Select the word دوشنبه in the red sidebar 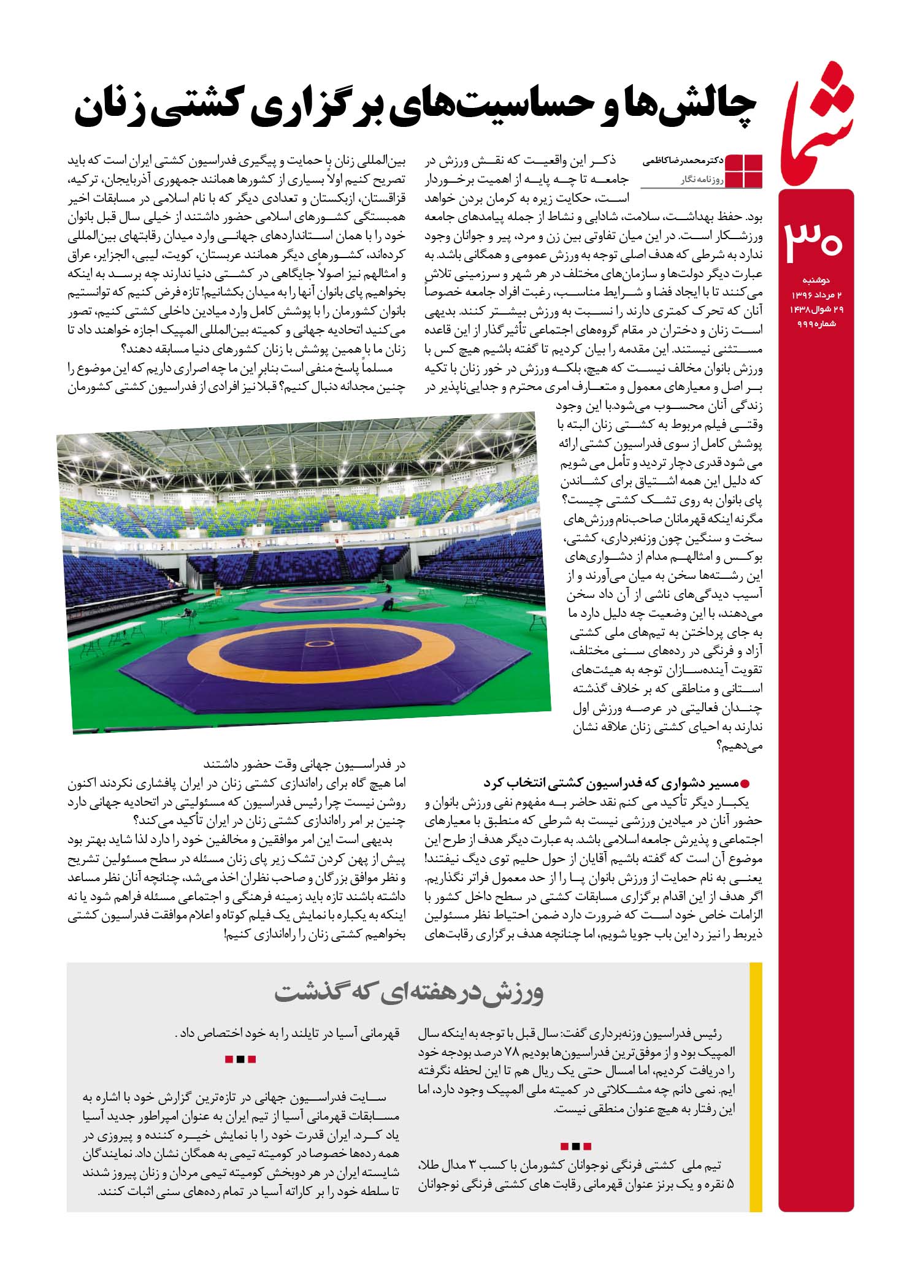click(816, 280)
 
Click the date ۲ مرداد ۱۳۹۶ click(816, 295)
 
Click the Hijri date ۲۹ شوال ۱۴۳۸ click(816, 310)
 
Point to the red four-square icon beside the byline click(744, 170)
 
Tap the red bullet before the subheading click(746, 783)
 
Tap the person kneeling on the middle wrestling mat click(388, 606)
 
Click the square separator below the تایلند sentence click(240, 1059)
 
